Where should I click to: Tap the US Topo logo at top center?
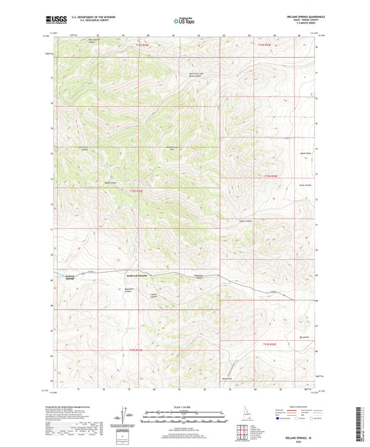183,22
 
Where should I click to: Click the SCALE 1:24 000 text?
183,408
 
